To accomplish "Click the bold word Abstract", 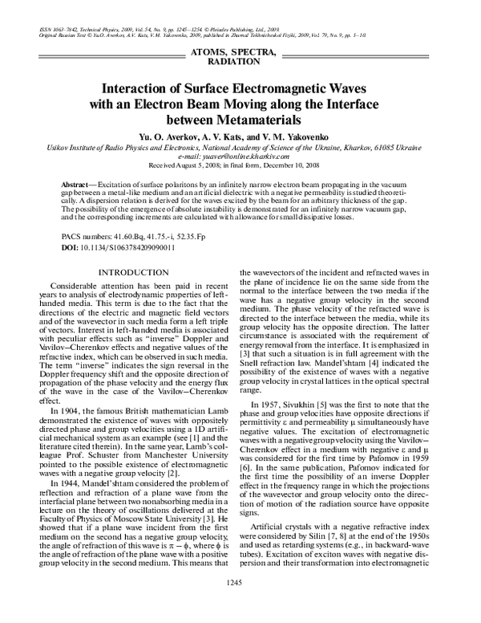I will click(75, 185).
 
